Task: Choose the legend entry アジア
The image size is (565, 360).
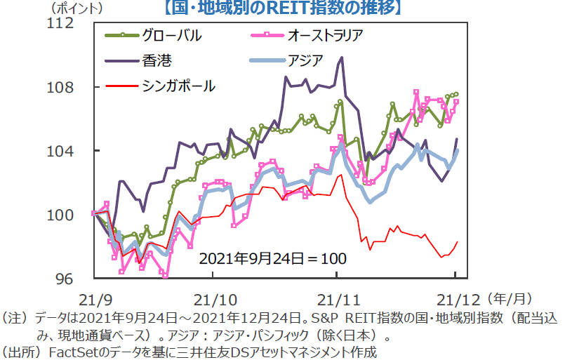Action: point(305,60)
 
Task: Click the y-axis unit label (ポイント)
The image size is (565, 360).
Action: point(77,8)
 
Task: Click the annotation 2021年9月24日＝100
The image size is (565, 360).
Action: point(272,258)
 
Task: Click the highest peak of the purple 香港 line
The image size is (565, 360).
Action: point(342,58)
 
